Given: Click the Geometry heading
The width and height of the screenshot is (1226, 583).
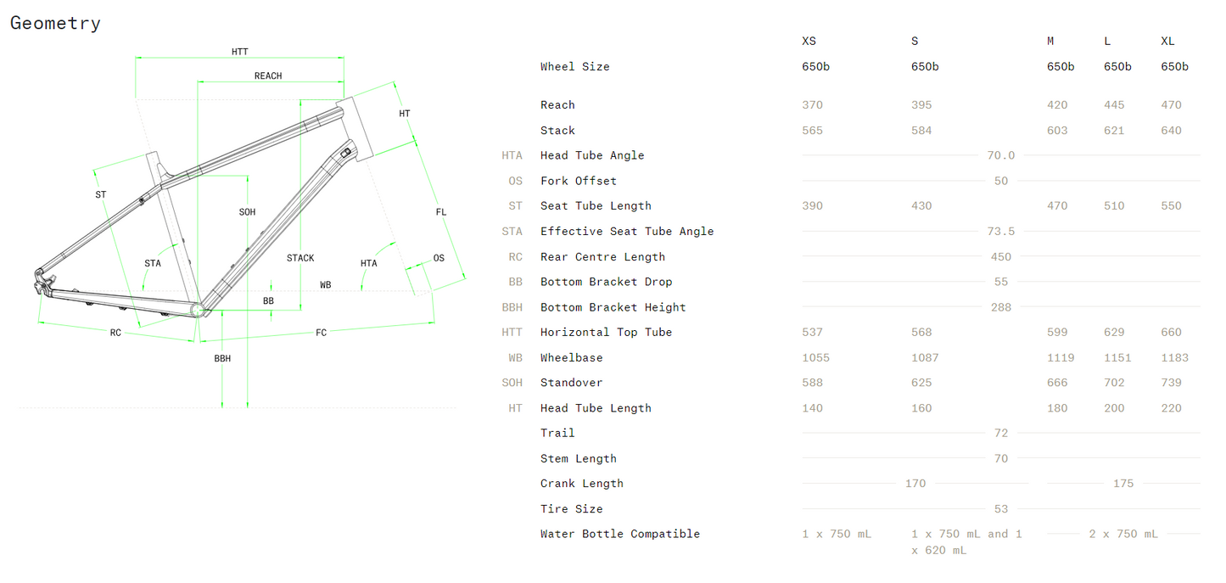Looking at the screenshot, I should click(55, 24).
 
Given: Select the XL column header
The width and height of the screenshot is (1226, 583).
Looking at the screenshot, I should click(1167, 42).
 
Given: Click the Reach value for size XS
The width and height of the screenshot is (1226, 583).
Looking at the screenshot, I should click(812, 105).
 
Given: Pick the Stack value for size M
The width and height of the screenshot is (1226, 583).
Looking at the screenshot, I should click(1057, 131).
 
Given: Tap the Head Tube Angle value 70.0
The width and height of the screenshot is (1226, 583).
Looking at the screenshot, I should click(1001, 155).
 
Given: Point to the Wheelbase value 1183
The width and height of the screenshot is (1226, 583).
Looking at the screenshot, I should click(1174, 358).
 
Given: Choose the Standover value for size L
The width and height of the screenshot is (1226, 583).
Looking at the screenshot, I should click(1114, 383).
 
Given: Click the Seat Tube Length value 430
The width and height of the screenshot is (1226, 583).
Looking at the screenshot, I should click(921, 206).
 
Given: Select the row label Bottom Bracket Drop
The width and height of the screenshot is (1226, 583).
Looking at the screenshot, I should click(606, 282).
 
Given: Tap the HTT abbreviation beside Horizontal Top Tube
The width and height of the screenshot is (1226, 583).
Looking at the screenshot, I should click(512, 333).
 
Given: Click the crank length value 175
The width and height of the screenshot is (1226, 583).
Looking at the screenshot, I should click(1122, 484).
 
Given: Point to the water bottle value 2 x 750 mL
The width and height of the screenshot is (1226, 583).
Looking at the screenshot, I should click(1123, 534).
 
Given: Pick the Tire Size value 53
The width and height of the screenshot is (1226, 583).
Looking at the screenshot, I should click(1001, 509).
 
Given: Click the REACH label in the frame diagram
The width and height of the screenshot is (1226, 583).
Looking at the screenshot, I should click(268, 76).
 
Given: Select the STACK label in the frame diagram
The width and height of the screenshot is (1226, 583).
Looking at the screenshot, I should click(300, 258).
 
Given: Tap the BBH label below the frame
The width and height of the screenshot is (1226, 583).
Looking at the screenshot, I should click(222, 359).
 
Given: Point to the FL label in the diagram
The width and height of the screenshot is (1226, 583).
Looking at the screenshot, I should click(441, 212).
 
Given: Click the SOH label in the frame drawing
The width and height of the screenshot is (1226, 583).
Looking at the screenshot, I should click(247, 212).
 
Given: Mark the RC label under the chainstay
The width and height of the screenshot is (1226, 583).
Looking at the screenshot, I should click(115, 333).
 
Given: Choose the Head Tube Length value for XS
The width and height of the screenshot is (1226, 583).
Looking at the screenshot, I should click(812, 408).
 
